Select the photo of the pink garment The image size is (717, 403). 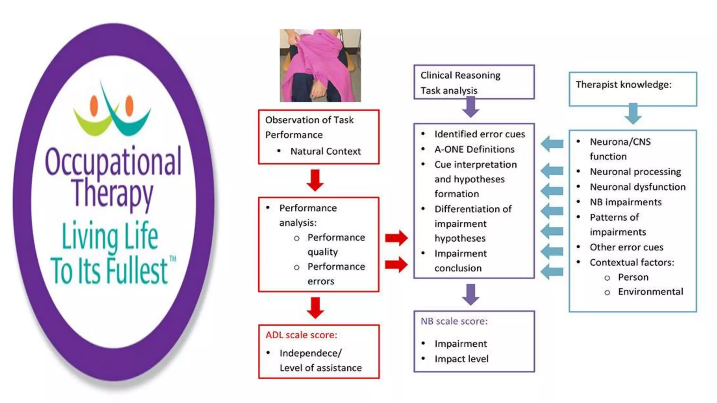point(320,65)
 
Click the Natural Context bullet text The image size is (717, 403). point(325,151)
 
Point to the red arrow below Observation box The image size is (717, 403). point(315,180)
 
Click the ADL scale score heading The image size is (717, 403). point(301,335)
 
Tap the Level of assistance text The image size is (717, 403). point(321,368)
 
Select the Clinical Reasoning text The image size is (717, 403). point(460,76)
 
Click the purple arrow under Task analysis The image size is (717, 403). point(471,107)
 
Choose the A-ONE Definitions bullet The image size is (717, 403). point(474,149)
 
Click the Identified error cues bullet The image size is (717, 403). point(480,134)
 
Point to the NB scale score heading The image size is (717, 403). point(454,321)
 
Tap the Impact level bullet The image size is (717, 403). point(461,359)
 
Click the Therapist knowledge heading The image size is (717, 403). point(624,85)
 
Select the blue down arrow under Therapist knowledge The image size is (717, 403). point(633,113)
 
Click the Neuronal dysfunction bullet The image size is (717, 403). point(638,187)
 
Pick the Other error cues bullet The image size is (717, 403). point(626,247)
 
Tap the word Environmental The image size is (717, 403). point(650,292)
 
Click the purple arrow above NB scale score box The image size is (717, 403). point(471,294)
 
